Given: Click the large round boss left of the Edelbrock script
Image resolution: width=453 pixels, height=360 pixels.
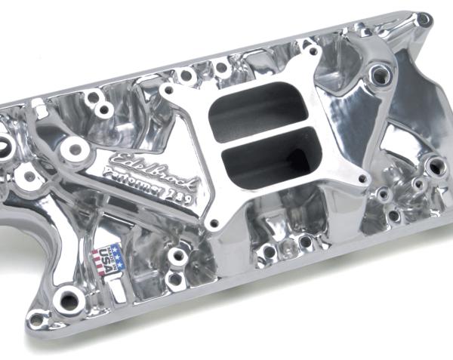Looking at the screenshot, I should coord(73,147).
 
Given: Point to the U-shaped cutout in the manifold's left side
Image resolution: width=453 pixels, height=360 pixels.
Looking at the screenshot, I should coord(19,226).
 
